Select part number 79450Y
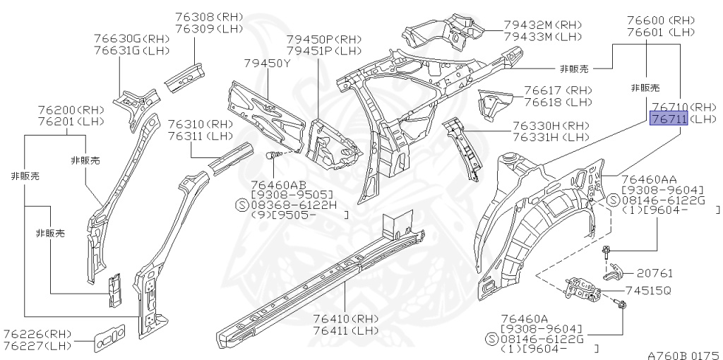(268, 64)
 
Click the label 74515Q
(646, 291)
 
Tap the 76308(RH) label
(208, 17)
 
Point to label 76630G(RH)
(131, 38)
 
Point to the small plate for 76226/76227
(109, 339)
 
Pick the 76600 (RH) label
(660, 20)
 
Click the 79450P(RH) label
(323, 40)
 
